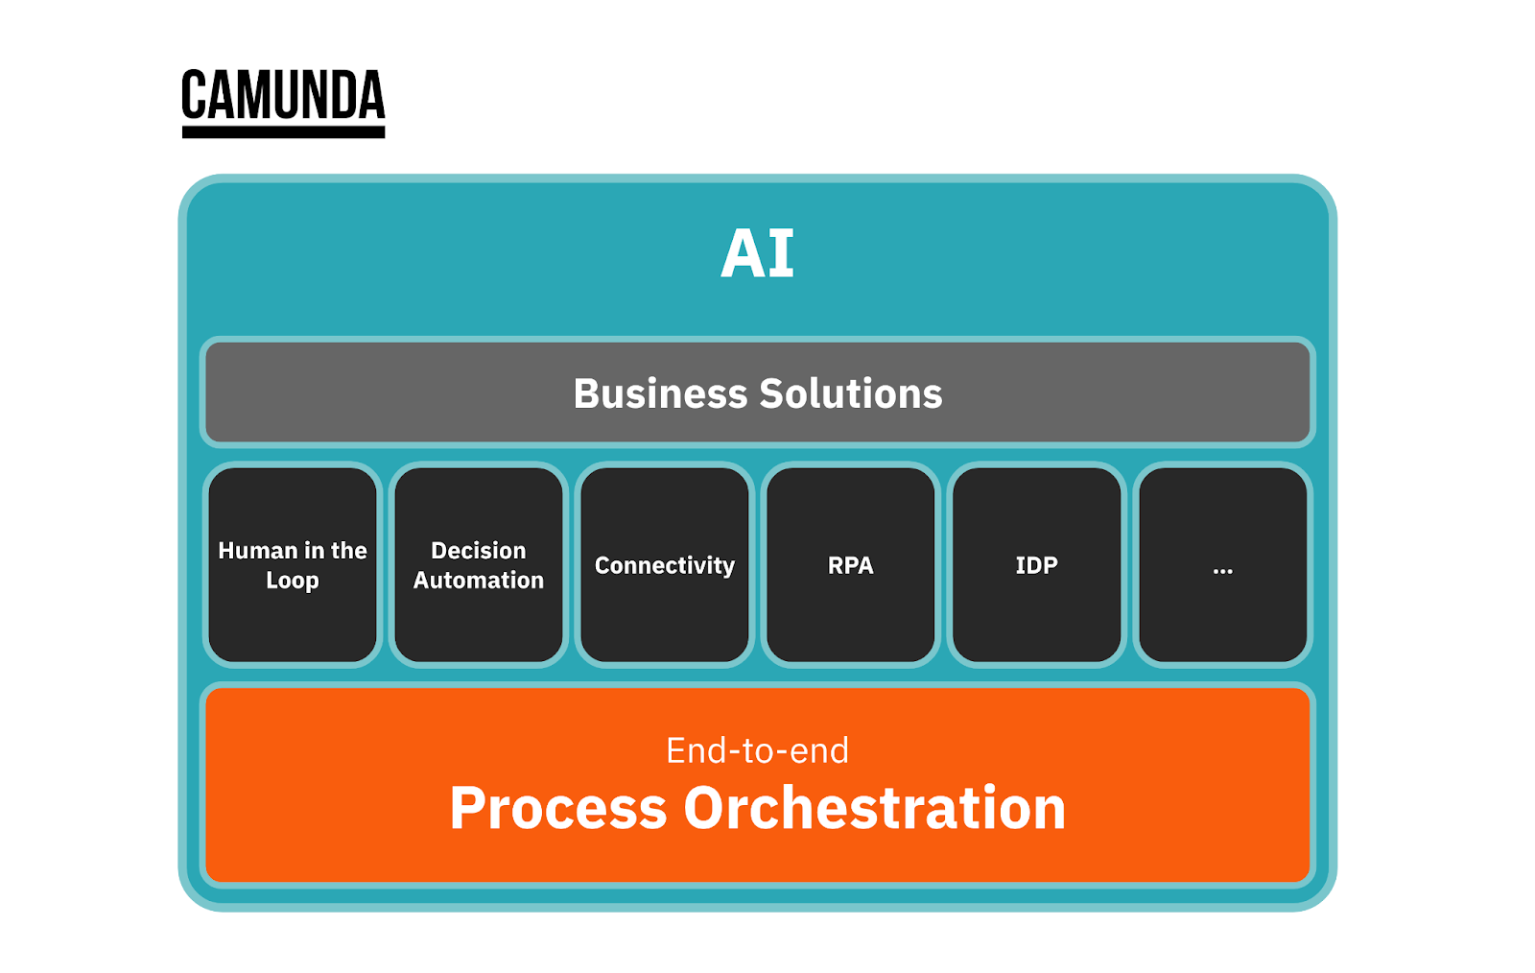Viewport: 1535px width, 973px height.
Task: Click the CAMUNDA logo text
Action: [283, 95]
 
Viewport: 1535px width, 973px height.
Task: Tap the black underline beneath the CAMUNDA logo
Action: [283, 131]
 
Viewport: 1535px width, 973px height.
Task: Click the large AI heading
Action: [757, 253]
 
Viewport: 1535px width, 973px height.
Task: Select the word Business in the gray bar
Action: [660, 393]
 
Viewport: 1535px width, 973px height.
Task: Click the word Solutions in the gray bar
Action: [851, 393]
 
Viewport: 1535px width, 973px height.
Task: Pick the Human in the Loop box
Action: [293, 564]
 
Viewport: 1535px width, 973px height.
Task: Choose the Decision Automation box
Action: [479, 564]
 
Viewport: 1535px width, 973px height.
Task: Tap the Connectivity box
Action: [665, 564]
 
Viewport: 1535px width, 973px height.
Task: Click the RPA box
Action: [850, 564]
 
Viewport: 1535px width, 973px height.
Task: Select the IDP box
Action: [1037, 564]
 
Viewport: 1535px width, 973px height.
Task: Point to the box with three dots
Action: [1223, 564]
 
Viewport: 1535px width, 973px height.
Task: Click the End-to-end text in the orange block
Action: [757, 750]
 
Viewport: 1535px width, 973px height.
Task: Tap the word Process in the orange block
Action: [558, 809]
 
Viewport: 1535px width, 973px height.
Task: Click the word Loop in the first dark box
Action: [293, 581]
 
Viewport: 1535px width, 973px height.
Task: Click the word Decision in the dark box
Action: [479, 550]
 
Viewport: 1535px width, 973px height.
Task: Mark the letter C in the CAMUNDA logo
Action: [194, 95]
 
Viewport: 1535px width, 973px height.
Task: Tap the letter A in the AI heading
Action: [743, 253]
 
